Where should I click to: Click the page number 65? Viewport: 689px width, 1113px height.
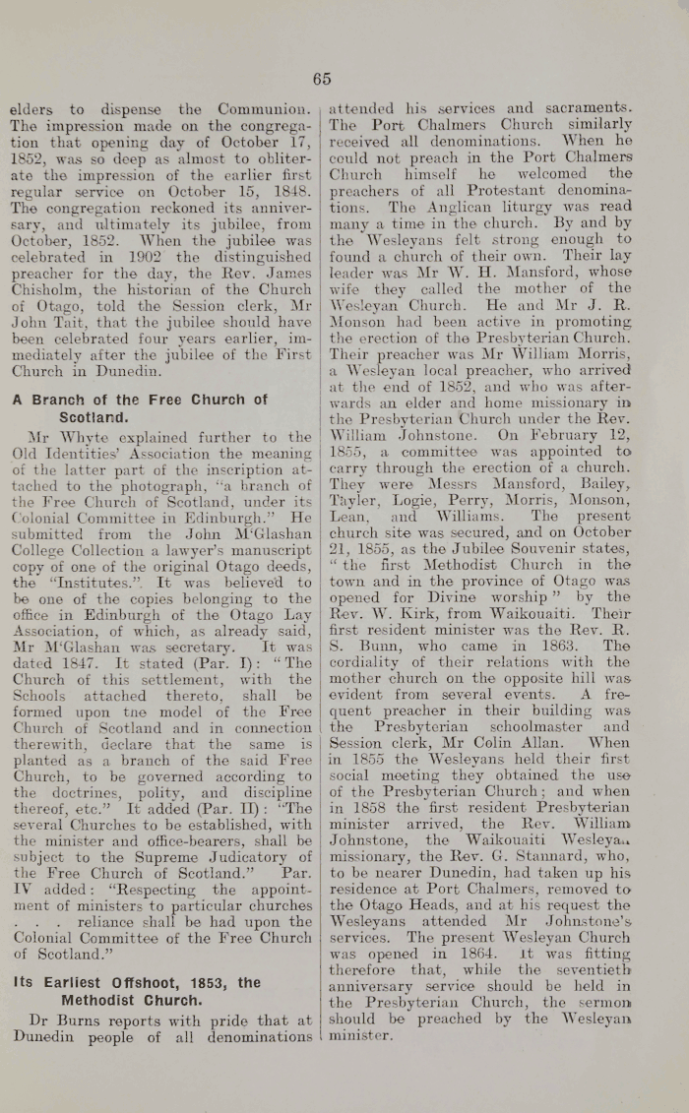pos(323,80)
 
